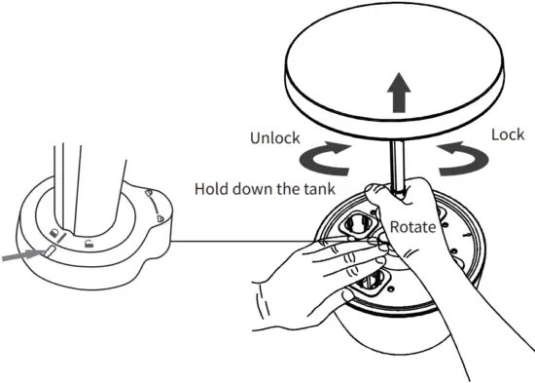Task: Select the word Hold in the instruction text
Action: (213, 188)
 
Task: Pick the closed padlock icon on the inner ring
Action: (57, 233)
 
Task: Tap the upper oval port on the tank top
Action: (357, 224)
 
